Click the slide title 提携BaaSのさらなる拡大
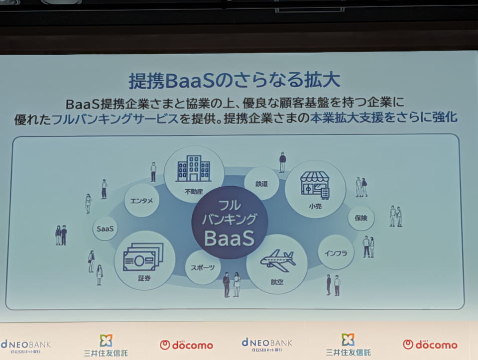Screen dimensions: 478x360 point(234,81)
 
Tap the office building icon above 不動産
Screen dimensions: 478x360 point(194,168)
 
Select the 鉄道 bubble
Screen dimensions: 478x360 point(261,184)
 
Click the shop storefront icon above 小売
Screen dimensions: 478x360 point(315,185)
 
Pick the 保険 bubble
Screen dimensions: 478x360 point(361,218)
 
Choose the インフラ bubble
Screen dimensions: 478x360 point(336,253)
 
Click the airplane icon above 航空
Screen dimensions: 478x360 point(277,260)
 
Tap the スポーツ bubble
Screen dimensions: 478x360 point(203,267)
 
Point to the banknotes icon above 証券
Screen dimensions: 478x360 point(143,257)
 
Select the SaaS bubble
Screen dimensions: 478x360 point(105,229)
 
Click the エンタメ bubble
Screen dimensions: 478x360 point(141,201)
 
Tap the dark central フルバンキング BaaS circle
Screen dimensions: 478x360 point(230,223)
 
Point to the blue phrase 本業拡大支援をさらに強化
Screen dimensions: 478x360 point(384,118)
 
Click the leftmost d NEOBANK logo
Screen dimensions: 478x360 point(25,347)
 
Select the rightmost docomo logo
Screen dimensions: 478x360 point(430,345)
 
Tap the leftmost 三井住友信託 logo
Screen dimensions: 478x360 point(106,346)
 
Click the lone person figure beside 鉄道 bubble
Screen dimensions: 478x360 point(283,162)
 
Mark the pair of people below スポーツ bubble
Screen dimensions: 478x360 point(232,285)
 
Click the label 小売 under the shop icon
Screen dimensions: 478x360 point(315,206)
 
